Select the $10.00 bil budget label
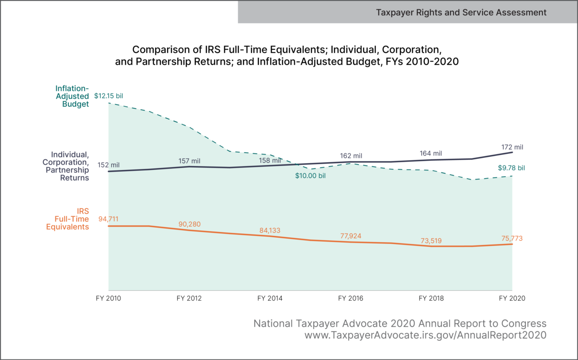click(x=311, y=176)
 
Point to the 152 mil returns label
click(x=108, y=165)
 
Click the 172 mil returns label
click(x=512, y=147)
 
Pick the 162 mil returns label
click(x=351, y=156)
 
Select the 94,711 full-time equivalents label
click(x=108, y=219)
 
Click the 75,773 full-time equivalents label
click(x=512, y=238)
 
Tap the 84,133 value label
click(x=270, y=230)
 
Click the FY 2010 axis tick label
click(x=108, y=298)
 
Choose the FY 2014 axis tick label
click(x=270, y=298)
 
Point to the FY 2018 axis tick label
click(x=432, y=298)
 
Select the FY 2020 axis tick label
click(x=512, y=298)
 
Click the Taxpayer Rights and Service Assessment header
click(x=461, y=12)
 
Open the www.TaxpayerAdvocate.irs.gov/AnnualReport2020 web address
click(x=425, y=335)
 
